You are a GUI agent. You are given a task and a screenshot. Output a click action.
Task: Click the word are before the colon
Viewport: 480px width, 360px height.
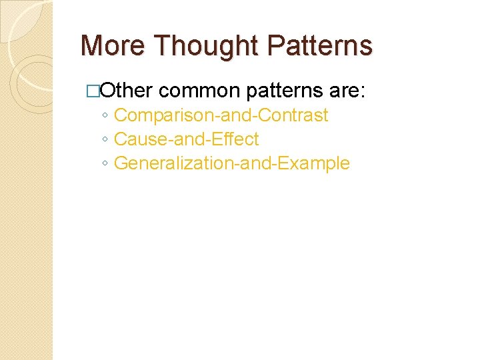pyautogui.click(x=343, y=91)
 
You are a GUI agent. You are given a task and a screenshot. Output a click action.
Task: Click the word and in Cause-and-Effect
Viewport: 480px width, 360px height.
pyautogui.click(x=180, y=139)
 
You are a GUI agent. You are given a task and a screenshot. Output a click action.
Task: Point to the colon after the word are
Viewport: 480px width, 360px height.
pyautogui.click(x=362, y=92)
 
